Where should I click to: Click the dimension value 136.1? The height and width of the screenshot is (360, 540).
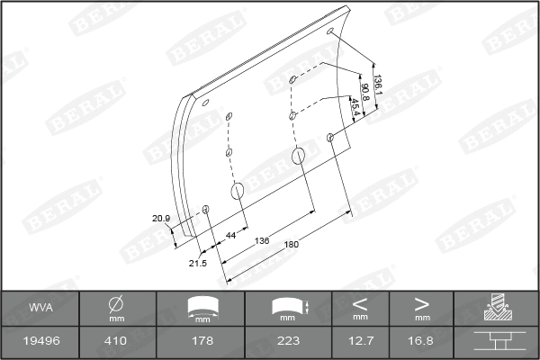click(x=378, y=86)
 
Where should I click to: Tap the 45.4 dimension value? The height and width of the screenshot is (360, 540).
click(x=355, y=106)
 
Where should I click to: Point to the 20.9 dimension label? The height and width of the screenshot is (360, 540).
click(x=161, y=218)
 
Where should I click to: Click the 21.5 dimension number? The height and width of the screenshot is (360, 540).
click(x=198, y=263)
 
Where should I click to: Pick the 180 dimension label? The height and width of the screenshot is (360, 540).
click(x=291, y=243)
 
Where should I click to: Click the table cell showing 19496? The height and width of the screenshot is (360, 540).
click(x=40, y=340)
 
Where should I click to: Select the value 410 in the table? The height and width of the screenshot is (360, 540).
click(x=116, y=340)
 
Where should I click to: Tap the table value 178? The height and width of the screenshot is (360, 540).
click(x=202, y=340)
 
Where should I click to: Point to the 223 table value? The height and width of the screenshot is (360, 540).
click(x=288, y=340)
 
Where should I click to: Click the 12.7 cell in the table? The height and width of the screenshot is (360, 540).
click(x=360, y=340)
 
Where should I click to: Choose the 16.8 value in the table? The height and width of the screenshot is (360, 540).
click(x=421, y=340)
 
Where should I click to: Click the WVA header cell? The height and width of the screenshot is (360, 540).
click(x=40, y=308)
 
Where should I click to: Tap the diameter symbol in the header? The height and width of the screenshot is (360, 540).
click(x=116, y=304)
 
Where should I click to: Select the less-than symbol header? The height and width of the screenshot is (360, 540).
click(x=360, y=303)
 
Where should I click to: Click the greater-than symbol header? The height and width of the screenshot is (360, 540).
click(x=421, y=303)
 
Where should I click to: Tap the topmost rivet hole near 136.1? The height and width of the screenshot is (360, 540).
click(x=333, y=32)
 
